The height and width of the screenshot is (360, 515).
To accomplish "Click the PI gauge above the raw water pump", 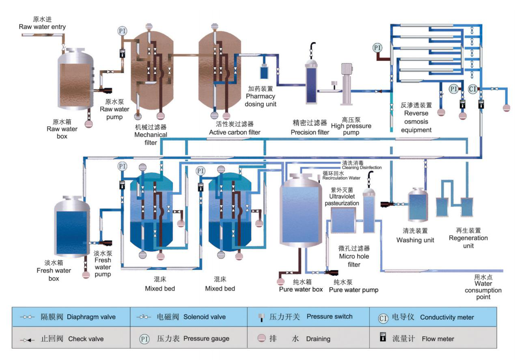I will pos(122,31).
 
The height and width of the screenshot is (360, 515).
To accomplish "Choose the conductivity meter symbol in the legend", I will pos(383,317).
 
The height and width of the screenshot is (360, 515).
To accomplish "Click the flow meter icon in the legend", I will pos(382,338).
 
